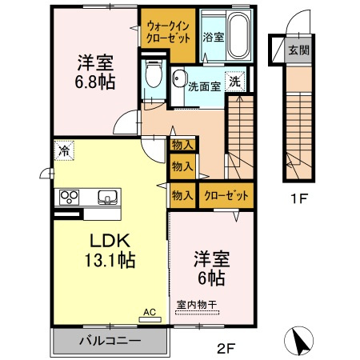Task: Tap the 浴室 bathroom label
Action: click(212, 37)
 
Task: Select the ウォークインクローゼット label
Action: click(167, 30)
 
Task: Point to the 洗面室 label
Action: click(204, 86)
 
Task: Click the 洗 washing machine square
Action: click(236, 81)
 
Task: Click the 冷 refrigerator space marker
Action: click(63, 149)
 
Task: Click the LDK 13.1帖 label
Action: click(109, 250)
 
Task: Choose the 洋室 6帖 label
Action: click(210, 268)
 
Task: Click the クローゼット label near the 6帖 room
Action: click(226, 194)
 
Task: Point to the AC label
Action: click(149, 313)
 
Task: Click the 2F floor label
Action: click(227, 348)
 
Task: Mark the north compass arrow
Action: click(301, 341)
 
